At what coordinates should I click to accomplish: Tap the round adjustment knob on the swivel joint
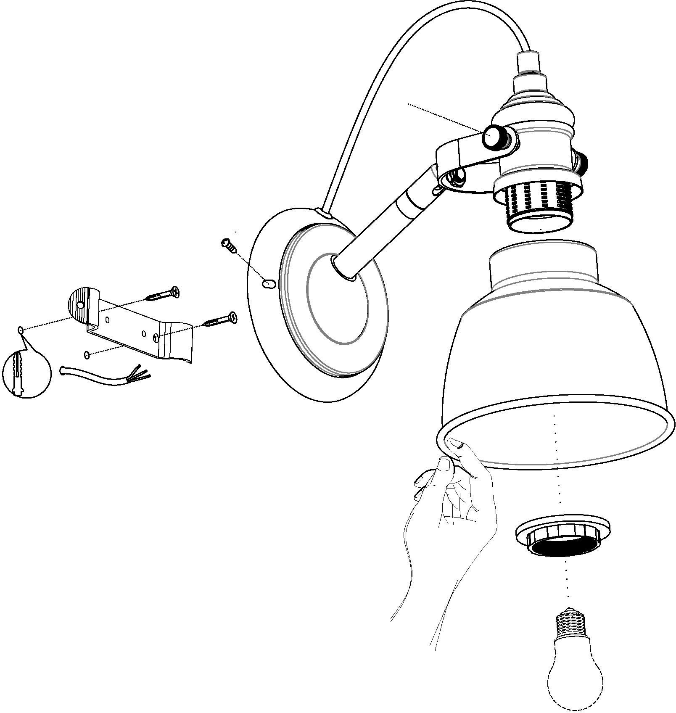tap(492, 137)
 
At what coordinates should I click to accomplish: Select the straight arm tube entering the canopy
tap(370, 235)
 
